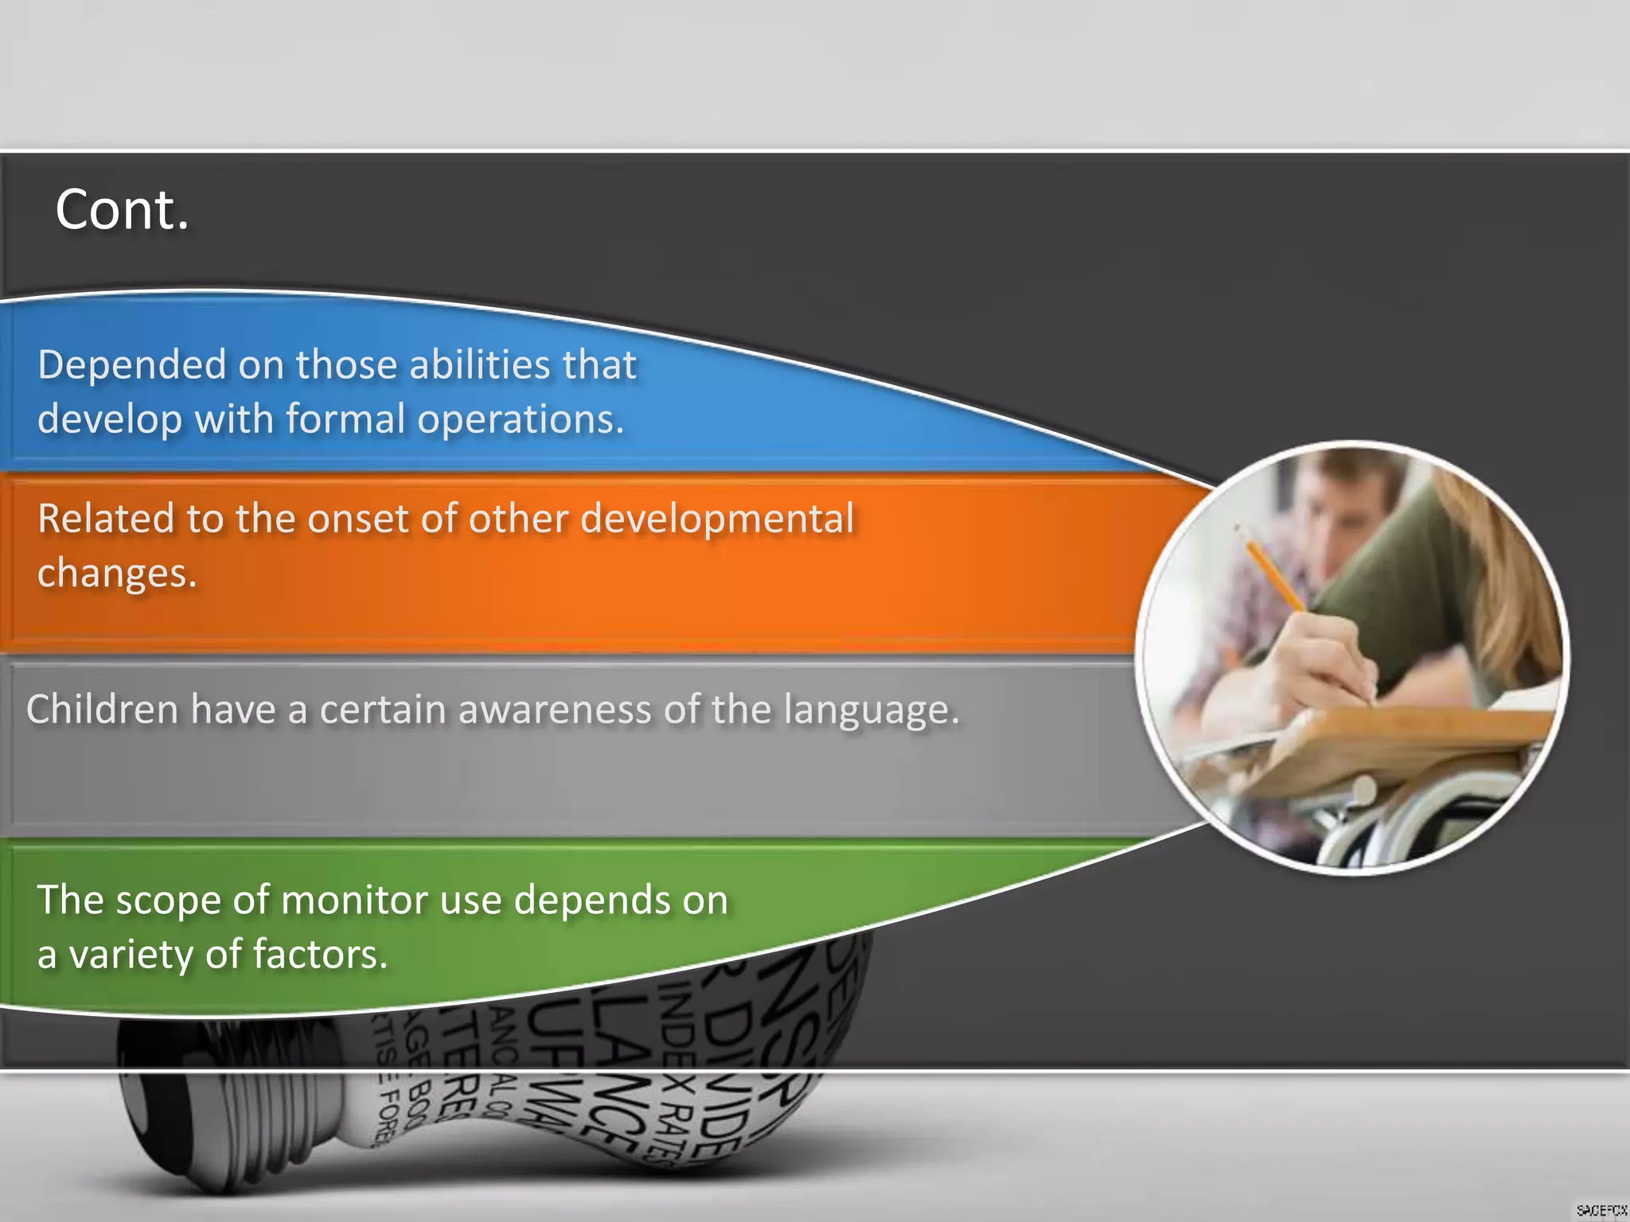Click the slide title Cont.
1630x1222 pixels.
click(x=122, y=210)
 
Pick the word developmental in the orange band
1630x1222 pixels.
click(x=717, y=519)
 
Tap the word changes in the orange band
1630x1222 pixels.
click(x=116, y=573)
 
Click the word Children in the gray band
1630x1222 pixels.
click(x=102, y=709)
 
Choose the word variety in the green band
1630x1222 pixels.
click(x=131, y=955)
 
